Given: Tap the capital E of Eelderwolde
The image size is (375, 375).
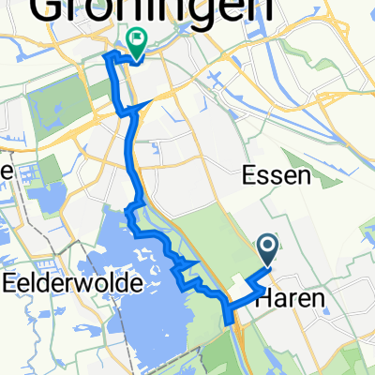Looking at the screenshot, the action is (x=10, y=281).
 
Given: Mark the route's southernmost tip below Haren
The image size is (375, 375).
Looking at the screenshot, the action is (x=227, y=324).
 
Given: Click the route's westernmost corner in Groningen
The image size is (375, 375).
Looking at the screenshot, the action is (x=102, y=58).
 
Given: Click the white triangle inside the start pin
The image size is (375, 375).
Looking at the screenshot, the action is (x=267, y=247).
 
